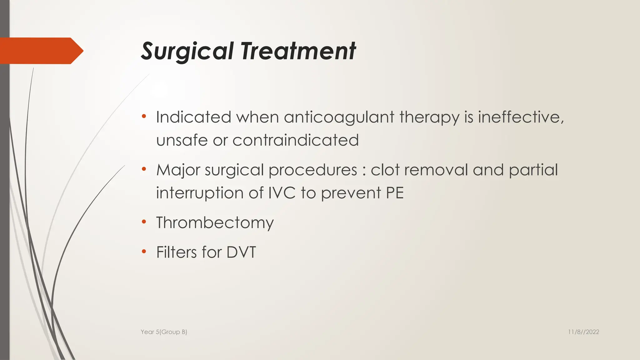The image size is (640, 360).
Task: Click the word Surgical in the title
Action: [x=187, y=51]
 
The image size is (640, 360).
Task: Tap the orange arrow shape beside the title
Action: [x=41, y=51]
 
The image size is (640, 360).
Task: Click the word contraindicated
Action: [x=295, y=140]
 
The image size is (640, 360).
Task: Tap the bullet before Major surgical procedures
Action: [x=144, y=169]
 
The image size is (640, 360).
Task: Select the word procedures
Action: [x=312, y=170]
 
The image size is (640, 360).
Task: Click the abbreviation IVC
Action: [x=282, y=193]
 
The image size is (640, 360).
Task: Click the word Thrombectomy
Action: [x=215, y=223]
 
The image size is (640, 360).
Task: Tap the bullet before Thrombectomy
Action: [x=144, y=222]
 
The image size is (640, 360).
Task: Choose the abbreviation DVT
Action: [x=241, y=252]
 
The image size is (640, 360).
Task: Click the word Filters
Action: [x=176, y=252]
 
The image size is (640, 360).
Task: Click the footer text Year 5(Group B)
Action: [x=164, y=332]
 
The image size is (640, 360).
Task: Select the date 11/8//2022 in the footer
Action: [x=583, y=332]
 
